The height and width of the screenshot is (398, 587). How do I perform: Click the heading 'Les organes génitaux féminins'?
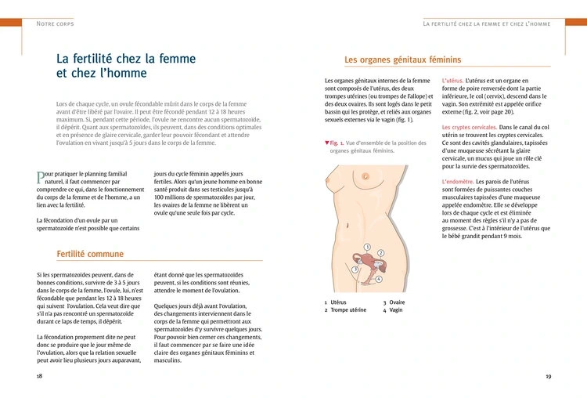[x=402, y=60]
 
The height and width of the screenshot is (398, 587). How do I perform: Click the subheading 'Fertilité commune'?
[x=90, y=254]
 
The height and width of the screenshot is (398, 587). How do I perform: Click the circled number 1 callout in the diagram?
[x=366, y=247]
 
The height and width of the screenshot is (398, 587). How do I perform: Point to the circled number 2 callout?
[x=380, y=253]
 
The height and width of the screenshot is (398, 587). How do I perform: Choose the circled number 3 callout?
[x=355, y=269]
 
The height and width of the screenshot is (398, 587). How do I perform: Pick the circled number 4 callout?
[x=379, y=279]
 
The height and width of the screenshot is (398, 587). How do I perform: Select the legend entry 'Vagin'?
[x=396, y=310]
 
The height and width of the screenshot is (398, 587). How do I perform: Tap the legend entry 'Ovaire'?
[x=398, y=302]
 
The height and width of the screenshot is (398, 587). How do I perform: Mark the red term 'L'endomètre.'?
[x=459, y=181]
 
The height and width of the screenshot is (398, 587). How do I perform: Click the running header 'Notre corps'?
[x=54, y=24]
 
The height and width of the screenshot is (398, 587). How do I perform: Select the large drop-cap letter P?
[x=41, y=178]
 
